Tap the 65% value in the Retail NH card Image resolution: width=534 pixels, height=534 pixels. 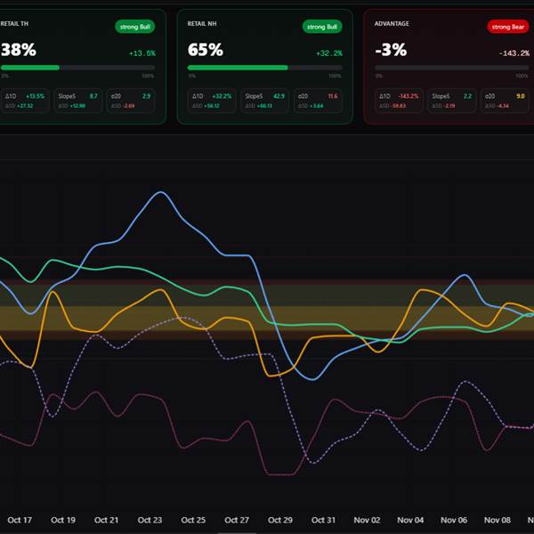pos(205,50)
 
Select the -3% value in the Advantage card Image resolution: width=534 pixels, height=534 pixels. pos(391,50)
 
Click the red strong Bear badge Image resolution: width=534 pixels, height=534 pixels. pos(508,27)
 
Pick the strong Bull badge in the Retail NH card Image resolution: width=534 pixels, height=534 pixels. pos(322,27)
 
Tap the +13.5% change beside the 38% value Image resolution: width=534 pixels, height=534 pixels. pos(142,53)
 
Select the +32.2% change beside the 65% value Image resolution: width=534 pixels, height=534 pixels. pos(329,53)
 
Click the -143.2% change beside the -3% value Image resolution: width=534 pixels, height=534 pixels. pos(514,53)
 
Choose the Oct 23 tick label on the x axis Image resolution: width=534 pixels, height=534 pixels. pos(150,520)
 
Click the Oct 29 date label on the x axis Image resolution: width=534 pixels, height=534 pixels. pos(280,520)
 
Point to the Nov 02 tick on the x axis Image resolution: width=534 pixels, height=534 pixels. pos(368,520)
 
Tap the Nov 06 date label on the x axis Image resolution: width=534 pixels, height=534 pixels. pos(454,520)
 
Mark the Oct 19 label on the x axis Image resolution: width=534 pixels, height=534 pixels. pos(63,520)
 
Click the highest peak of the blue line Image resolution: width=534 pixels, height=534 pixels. pos(160,192)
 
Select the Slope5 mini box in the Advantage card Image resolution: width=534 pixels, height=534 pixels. pos(451,100)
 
